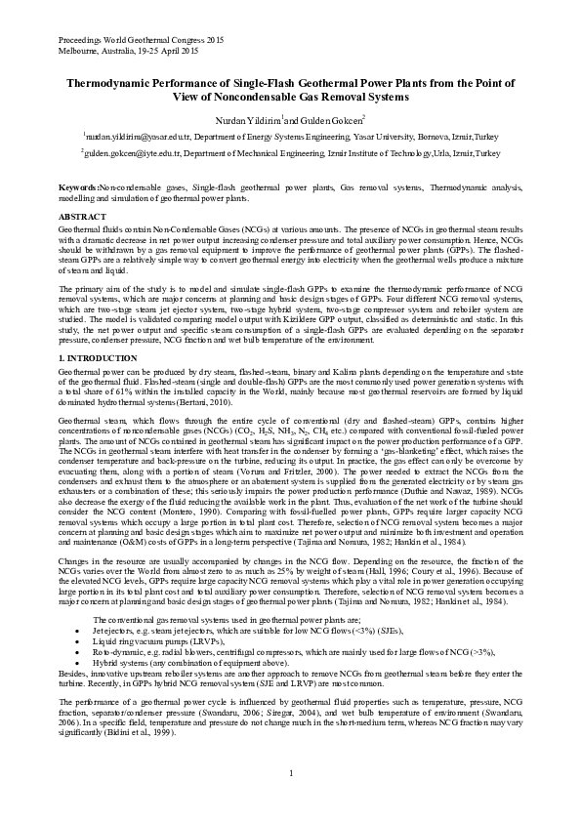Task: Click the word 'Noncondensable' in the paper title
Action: pos(258,98)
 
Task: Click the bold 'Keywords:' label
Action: pos(78,185)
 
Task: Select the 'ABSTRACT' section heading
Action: pos(81,216)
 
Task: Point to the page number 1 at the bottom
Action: pos(291,774)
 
